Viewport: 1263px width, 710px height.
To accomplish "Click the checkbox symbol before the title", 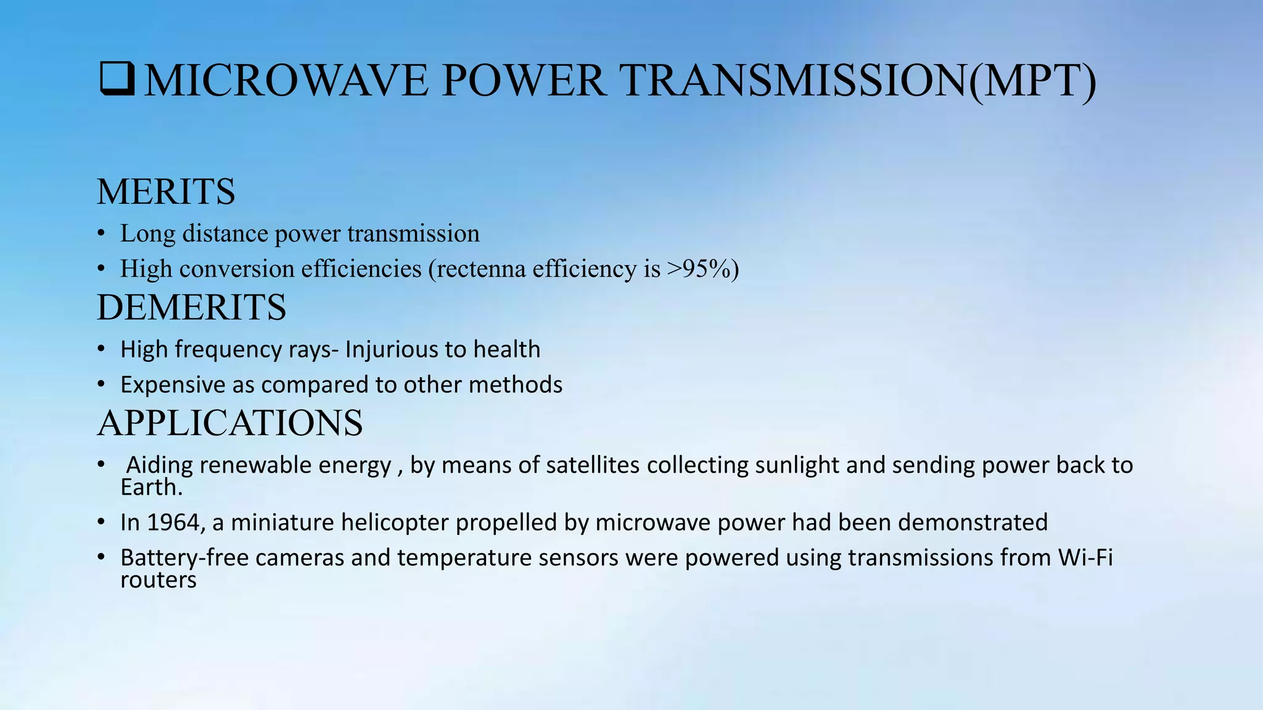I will tap(117, 80).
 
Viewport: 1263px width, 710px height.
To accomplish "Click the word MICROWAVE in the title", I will tap(286, 81).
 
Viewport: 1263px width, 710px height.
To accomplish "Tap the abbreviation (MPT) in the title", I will tap(1032, 81).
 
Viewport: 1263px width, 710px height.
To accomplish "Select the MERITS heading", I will tap(166, 192).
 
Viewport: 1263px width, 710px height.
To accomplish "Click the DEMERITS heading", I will tap(191, 308).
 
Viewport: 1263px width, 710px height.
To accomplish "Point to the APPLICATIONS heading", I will tap(229, 423).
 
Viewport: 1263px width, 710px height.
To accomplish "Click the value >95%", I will tap(698, 269).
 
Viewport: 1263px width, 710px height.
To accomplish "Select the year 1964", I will tap(176, 523).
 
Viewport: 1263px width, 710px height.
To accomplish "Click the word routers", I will tap(158, 580).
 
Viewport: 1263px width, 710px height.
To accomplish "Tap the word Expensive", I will tap(173, 385).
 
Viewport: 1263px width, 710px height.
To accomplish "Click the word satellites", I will tap(590, 465).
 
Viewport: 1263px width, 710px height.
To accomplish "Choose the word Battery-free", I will tap(184, 558).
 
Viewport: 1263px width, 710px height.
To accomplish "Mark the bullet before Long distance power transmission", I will tap(101, 234).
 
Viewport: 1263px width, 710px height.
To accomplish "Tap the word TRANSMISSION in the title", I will tap(794, 81).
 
